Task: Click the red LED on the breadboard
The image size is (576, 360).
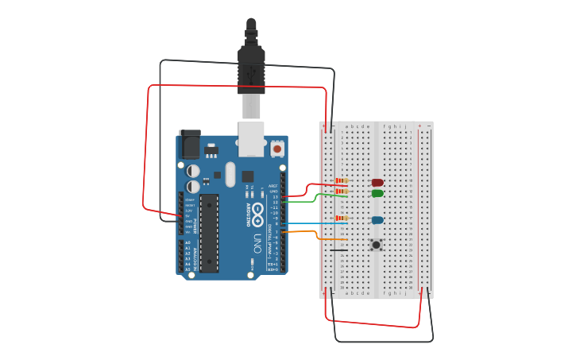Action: pyautogui.click(x=377, y=183)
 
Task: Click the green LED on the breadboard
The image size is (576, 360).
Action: pyautogui.click(x=377, y=193)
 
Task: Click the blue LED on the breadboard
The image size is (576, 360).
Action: pyautogui.click(x=377, y=220)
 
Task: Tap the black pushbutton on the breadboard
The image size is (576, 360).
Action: pyautogui.click(x=376, y=244)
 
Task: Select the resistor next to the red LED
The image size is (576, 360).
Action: pyautogui.click(x=341, y=182)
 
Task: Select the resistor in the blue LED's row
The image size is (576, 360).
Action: pyautogui.click(x=341, y=218)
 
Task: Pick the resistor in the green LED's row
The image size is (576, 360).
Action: pyautogui.click(x=341, y=191)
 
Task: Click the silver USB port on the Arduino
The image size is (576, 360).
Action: pyautogui.click(x=252, y=137)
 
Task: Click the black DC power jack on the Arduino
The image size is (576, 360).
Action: pyautogui.click(x=190, y=144)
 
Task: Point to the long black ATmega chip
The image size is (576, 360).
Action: pyautogui.click(x=209, y=233)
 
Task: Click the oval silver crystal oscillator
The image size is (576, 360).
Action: pyautogui.click(x=230, y=174)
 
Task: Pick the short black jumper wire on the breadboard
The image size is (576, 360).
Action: pyautogui.click(x=339, y=250)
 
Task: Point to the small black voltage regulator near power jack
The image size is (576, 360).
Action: pyautogui.click(x=211, y=149)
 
